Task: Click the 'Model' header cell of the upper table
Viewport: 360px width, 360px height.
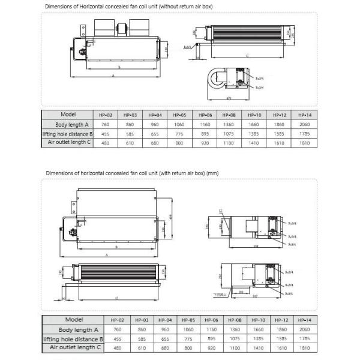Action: coord(67,114)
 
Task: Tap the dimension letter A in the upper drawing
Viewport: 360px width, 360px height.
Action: coord(113,76)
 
